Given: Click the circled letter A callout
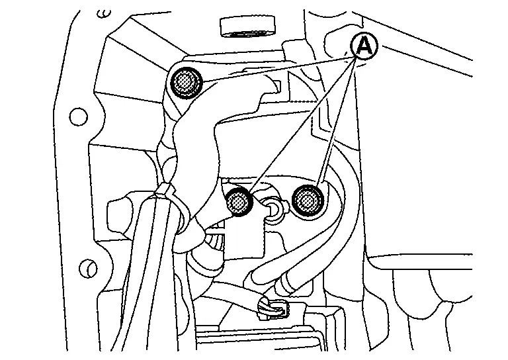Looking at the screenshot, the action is pos(364,46).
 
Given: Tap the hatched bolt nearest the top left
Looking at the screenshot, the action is pos(186,83).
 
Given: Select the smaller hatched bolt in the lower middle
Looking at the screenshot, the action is pos(239,202).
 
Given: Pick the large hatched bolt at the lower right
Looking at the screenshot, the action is pos(308,201).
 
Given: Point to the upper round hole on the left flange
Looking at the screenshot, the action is pos(79,116).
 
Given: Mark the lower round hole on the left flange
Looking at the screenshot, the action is pos(88,268).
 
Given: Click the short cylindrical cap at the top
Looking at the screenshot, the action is pos(247,27).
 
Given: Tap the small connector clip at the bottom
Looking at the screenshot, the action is pos(272,309).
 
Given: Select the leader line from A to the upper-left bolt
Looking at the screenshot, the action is pos(278,69).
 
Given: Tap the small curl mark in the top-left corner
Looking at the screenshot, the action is pos(105,14).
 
